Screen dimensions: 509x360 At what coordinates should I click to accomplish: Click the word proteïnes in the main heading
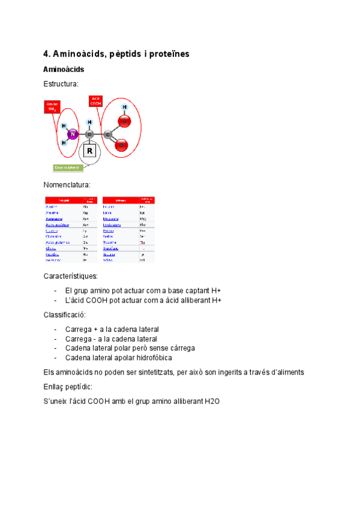(x=165, y=54)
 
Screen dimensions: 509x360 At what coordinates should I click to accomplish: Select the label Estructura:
(x=61, y=85)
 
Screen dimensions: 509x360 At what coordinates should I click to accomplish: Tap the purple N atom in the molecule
(x=73, y=134)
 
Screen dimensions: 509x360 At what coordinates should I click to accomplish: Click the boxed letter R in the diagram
(x=89, y=151)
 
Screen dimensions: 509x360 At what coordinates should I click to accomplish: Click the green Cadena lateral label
(x=68, y=167)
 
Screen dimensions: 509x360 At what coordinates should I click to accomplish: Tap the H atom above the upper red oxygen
(x=124, y=107)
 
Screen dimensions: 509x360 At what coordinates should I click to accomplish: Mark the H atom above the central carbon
(x=89, y=120)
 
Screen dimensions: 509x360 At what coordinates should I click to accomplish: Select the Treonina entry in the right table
(x=111, y=242)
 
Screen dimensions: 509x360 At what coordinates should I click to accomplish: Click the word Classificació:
(x=65, y=315)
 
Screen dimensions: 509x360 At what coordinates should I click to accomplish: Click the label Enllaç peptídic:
(x=68, y=387)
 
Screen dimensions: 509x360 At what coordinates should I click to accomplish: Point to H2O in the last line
(x=212, y=401)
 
